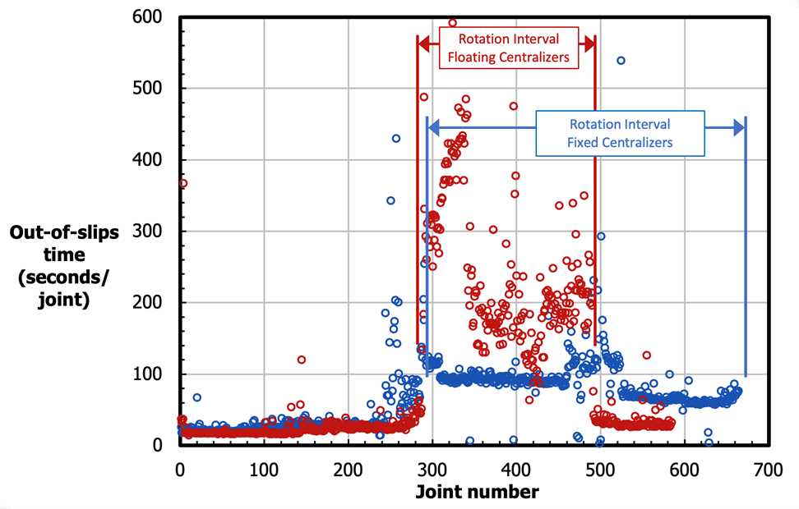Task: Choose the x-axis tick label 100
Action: click(x=264, y=470)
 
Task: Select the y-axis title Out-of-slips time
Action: click(x=64, y=266)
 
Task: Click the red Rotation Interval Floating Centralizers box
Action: click(x=508, y=48)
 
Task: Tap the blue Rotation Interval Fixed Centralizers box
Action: click(x=620, y=133)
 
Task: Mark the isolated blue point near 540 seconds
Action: click(x=621, y=60)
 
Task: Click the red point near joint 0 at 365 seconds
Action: click(x=182, y=183)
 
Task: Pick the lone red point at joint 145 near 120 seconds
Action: click(x=302, y=360)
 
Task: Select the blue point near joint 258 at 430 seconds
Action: click(x=396, y=138)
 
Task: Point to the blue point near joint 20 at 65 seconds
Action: click(x=197, y=397)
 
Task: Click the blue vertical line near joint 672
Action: click(x=745, y=246)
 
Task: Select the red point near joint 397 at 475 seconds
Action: click(x=514, y=106)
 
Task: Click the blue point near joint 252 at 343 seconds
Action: click(x=391, y=200)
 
